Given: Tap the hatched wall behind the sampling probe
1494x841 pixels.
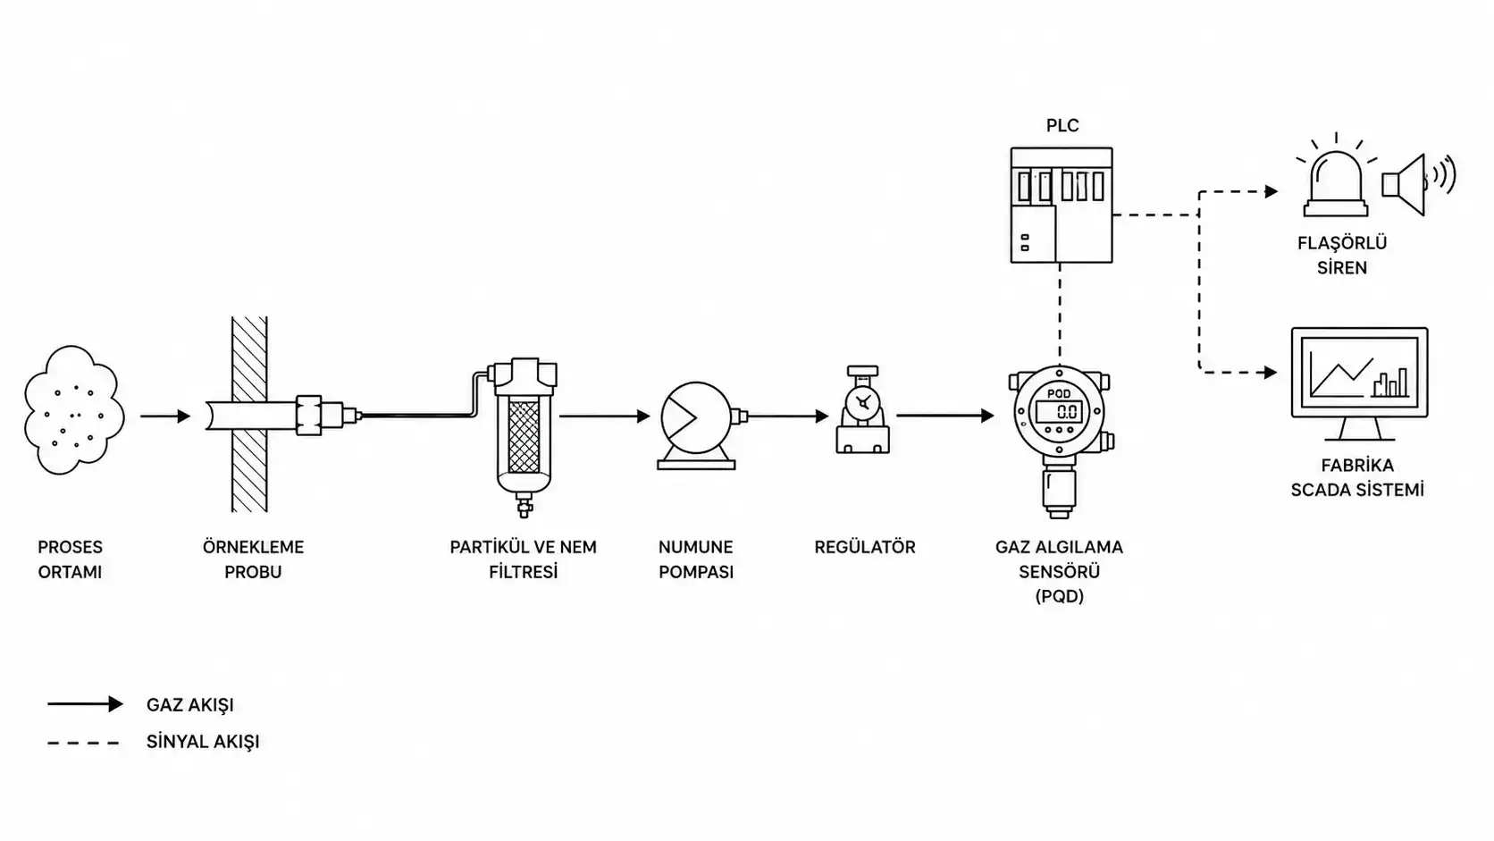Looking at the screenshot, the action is (x=249, y=467).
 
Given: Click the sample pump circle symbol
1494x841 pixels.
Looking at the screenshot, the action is (x=696, y=417).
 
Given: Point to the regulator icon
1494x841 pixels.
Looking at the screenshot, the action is (x=863, y=409).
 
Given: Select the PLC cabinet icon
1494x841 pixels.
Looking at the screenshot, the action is (x=1062, y=205).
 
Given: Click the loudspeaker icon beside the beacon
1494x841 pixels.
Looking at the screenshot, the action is (x=1417, y=185).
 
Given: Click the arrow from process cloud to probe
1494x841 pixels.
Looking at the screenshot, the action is (x=165, y=416).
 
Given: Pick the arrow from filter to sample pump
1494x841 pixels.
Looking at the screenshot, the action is (x=605, y=416).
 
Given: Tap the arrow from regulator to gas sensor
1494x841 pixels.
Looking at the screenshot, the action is (x=945, y=416).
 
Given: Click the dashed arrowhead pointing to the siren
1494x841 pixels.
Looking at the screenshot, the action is (x=1272, y=192).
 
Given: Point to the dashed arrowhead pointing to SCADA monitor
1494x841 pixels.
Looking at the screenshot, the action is (x=1271, y=372).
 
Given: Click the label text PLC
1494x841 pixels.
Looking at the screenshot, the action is (x=1062, y=125).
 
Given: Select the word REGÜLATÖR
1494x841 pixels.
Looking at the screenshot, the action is (x=864, y=547).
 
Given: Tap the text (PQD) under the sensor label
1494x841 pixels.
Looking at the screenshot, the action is (x=1059, y=595).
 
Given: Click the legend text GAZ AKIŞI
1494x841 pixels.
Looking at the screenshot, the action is (x=190, y=705).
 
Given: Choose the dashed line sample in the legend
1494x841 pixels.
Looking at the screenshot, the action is (x=83, y=743).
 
